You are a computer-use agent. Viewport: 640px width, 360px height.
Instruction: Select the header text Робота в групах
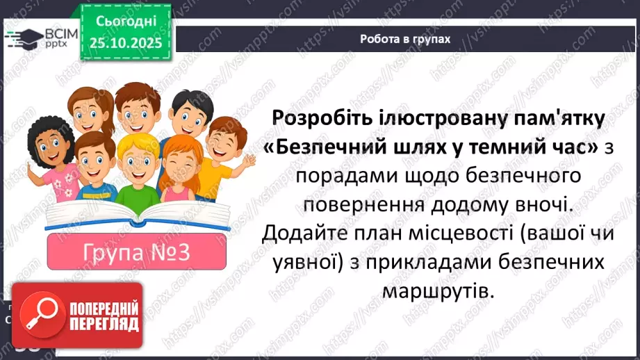[405, 39]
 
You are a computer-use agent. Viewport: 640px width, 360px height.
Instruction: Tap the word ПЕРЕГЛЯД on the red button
[104, 324]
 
